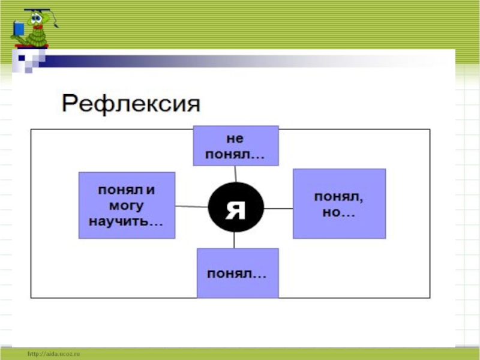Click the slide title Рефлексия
click(130, 104)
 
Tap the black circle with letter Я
click(235, 208)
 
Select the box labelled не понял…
click(235, 146)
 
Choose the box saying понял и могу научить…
click(127, 205)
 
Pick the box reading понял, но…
click(339, 204)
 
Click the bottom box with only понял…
click(237, 273)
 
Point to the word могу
click(126, 206)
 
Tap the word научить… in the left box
click(126, 221)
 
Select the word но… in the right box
click(338, 212)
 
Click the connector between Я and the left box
click(191, 206)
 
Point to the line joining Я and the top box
click(236, 173)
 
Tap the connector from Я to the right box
click(278, 208)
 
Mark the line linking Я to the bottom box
click(235, 240)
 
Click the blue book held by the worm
click(19, 28)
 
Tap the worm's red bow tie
click(38, 27)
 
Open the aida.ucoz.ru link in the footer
click(53, 355)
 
